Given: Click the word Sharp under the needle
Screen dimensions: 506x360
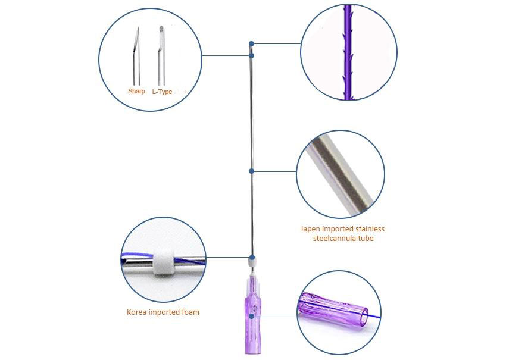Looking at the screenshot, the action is pyautogui.click(x=136, y=91).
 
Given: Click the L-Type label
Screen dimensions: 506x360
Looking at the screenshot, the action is pyautogui.click(x=162, y=92).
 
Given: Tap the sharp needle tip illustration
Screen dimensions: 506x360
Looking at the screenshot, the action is pyautogui.click(x=136, y=56).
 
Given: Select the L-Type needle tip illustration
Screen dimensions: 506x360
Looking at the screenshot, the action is pyautogui.click(x=161, y=56).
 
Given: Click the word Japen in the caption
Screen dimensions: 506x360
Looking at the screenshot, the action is pyautogui.click(x=310, y=229).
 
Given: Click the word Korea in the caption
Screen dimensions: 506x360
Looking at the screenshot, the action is pyautogui.click(x=136, y=312).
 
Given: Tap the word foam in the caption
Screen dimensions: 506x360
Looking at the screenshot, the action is pyautogui.click(x=190, y=312).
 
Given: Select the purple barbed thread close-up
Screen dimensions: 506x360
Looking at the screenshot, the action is pyautogui.click(x=348, y=52).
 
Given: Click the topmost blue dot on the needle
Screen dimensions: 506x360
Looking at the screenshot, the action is pyautogui.click(x=251, y=43).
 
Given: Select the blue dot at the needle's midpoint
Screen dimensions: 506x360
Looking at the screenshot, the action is pyautogui.click(x=251, y=171).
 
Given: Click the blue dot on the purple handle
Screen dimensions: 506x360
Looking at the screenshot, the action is pyautogui.click(x=251, y=317).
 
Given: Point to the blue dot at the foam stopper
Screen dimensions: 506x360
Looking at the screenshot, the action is pyautogui.click(x=252, y=258).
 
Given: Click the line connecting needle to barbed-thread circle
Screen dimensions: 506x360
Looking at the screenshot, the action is pyautogui.click(x=277, y=43).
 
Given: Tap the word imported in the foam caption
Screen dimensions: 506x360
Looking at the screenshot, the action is pyautogui.click(x=164, y=312).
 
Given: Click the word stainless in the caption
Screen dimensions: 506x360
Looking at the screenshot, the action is pyautogui.click(x=370, y=228).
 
